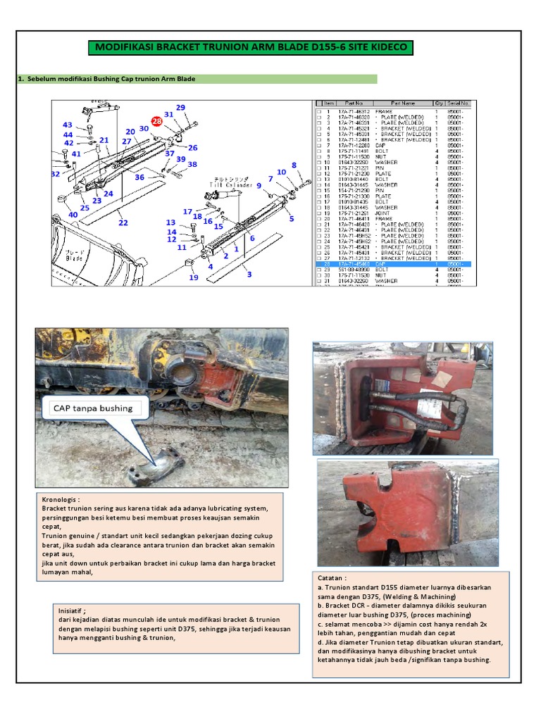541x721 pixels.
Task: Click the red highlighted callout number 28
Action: point(156,121)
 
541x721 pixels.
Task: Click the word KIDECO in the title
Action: point(385,48)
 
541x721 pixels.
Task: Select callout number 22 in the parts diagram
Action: point(123,223)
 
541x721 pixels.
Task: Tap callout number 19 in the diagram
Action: point(194,277)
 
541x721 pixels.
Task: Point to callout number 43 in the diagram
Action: point(68,125)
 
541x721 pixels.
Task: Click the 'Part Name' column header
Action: point(409,103)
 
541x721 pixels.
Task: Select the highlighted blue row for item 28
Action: point(392,264)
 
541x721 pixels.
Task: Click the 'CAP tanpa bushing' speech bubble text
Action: point(92,408)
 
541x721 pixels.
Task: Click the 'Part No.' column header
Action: point(349,103)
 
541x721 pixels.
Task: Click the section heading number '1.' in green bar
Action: point(20,79)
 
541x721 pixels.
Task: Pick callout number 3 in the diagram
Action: point(249,274)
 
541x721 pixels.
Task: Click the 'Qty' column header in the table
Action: point(440,103)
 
